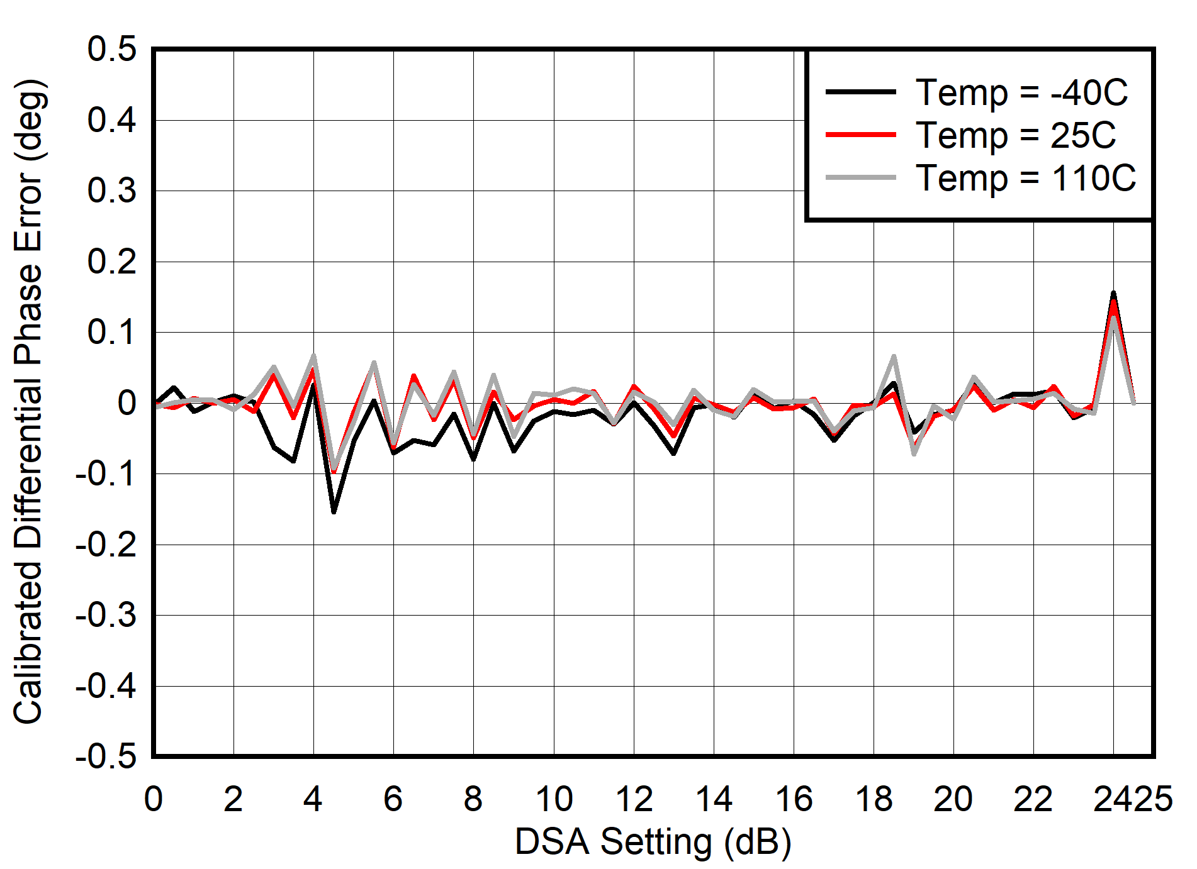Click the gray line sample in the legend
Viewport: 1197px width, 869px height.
[860, 178]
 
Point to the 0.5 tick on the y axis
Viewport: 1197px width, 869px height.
[112, 49]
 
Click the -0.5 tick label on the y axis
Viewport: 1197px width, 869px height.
[106, 756]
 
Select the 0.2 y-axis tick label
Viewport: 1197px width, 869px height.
[112, 262]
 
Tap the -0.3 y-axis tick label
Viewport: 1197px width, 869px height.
[106, 615]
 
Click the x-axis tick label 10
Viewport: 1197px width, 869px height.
[554, 799]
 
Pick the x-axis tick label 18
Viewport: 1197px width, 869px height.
[874, 799]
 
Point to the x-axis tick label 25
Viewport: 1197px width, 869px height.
[1153, 799]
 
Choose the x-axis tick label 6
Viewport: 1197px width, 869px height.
[393, 799]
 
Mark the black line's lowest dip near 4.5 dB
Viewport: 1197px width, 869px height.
[334, 512]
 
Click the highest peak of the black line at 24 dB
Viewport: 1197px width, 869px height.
[1113, 293]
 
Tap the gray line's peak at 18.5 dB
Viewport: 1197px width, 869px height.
[894, 357]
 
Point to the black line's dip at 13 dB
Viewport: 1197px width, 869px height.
[674, 453]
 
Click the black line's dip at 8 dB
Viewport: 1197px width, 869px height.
[473, 459]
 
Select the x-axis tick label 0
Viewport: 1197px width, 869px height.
[154, 799]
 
